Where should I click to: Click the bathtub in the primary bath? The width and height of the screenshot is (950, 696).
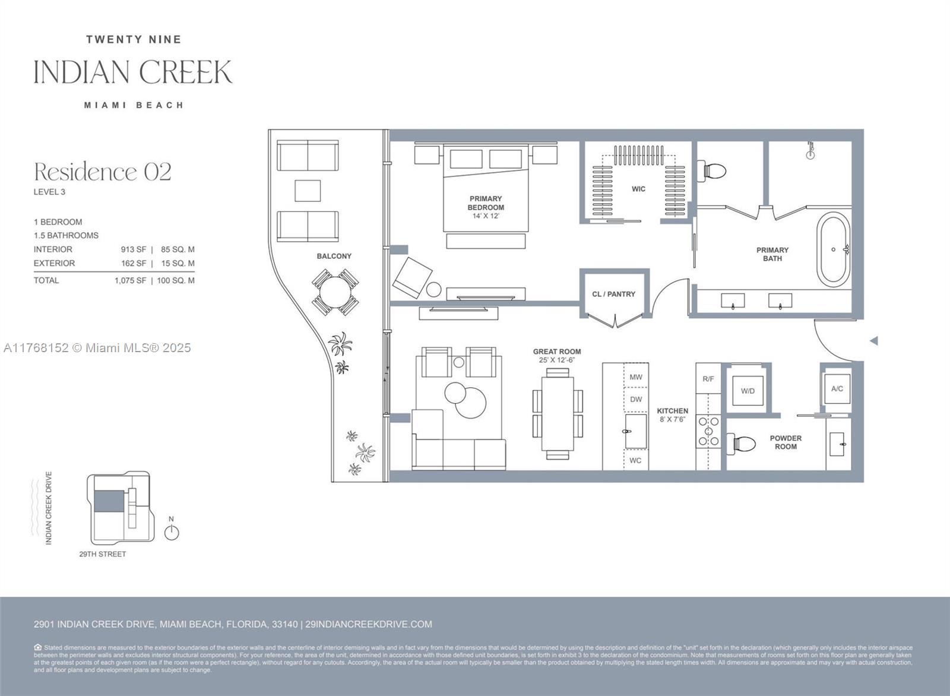834,250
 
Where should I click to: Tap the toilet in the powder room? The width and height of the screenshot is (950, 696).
742,443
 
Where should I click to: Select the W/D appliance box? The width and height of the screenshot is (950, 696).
748,390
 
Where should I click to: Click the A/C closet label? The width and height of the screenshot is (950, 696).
837,388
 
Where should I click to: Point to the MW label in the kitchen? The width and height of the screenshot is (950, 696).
636,377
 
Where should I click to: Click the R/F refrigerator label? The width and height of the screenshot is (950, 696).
708,378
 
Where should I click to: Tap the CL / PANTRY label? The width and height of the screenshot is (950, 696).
613,294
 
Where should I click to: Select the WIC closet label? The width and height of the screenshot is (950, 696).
638,189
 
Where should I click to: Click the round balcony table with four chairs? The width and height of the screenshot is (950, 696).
335,292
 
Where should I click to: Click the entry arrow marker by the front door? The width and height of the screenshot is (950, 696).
873,341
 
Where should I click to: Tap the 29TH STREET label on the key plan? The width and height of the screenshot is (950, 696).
103,554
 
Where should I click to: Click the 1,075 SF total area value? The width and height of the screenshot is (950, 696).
130,280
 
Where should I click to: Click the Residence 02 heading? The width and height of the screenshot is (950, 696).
103,172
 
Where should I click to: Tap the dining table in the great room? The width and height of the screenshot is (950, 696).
558,413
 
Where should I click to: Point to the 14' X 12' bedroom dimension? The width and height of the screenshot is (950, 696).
486,216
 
